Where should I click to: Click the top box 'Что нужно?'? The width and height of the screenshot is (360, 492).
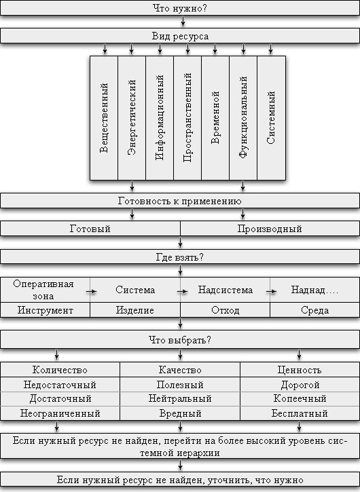180,8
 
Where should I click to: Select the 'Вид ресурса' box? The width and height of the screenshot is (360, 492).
180,36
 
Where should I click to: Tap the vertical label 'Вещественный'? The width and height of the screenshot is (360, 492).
104,118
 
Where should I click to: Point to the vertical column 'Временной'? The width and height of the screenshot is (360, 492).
215,118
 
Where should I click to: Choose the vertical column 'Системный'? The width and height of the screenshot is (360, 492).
272,118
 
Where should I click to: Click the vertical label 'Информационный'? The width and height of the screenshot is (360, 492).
160,118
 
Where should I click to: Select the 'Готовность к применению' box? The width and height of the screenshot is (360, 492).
180,201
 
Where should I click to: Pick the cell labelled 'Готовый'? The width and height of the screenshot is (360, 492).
90,229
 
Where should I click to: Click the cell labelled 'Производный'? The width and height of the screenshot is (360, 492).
270,229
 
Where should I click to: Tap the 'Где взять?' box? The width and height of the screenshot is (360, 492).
180,257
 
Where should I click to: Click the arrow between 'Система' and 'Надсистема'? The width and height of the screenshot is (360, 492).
182,292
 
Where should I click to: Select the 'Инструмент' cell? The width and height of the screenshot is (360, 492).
46,310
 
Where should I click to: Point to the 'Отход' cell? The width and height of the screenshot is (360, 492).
226,310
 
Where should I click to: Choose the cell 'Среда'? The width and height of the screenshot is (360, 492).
314,310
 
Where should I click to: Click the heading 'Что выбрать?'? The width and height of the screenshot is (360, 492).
180,340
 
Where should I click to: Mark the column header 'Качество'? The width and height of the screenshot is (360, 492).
180,370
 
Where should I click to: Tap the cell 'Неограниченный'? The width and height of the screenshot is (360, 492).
60,413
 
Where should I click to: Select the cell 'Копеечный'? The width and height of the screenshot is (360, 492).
300,398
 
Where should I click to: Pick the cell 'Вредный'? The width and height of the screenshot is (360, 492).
180,413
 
